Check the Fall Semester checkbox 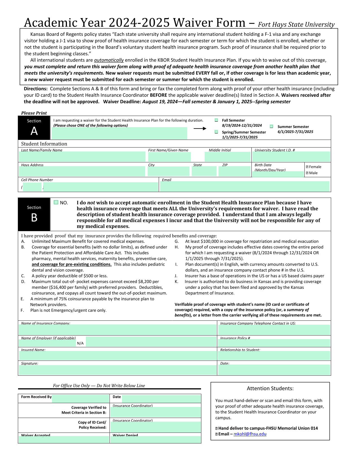(x=216, y=120)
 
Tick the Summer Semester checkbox (x=271, y=126)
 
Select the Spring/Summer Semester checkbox (x=216, y=132)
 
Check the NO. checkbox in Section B (x=56, y=202)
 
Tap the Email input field (x=245, y=187)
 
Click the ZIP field (x=234, y=172)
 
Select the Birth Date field (x=278, y=174)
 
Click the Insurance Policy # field (x=274, y=343)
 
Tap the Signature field (x=117, y=370)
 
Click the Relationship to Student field (x=274, y=356)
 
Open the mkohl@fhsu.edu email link (x=250, y=434)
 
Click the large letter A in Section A (x=34, y=131)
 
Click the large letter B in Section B (x=34, y=218)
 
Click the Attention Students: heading (x=270, y=389)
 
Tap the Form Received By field (x=80, y=398)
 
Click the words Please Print (x=34, y=113)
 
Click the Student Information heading (x=44, y=144)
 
